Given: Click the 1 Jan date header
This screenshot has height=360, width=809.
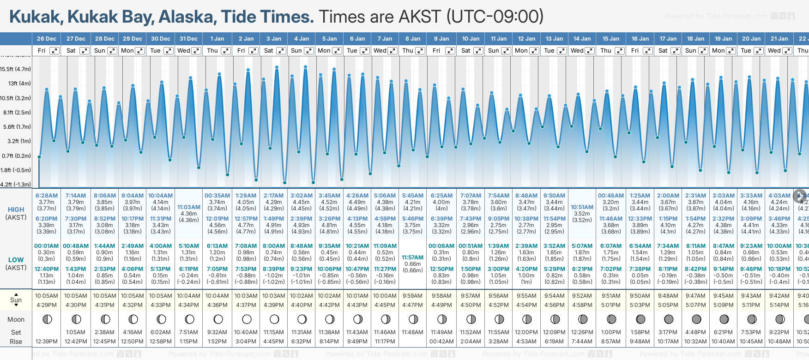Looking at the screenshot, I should click(x=217, y=39).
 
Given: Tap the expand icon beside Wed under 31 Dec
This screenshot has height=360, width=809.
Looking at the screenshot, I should click(x=196, y=51).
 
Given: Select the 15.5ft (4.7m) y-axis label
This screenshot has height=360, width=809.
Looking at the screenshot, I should click(x=16, y=69).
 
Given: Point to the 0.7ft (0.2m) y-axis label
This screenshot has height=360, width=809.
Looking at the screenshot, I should click(x=16, y=156).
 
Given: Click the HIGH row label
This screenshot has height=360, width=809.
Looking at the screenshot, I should click(x=16, y=210).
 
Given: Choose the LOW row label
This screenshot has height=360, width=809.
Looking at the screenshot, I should click(x=16, y=260).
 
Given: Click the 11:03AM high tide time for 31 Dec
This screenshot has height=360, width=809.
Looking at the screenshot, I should click(x=189, y=207).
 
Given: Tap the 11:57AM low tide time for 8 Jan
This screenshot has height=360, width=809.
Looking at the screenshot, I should click(x=412, y=258).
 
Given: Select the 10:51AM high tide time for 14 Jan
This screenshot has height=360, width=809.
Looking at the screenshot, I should click(x=582, y=207).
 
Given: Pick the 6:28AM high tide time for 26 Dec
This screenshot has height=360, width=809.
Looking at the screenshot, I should click(x=47, y=196).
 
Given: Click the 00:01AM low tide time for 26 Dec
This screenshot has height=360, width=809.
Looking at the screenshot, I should click(x=47, y=246).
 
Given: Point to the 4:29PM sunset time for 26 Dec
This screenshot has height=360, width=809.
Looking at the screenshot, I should click(x=47, y=305).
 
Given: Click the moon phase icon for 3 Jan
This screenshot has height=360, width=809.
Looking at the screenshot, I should click(x=274, y=319).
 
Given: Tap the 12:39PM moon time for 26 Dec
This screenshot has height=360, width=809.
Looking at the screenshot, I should click(x=47, y=342).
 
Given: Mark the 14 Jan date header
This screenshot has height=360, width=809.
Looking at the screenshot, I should click(x=583, y=39).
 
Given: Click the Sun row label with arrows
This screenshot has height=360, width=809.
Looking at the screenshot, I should click(x=16, y=300).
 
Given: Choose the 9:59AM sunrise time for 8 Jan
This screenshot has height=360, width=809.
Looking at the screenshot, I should click(x=412, y=296).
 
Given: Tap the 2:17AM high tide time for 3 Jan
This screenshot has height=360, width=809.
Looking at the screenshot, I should click(x=274, y=196).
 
